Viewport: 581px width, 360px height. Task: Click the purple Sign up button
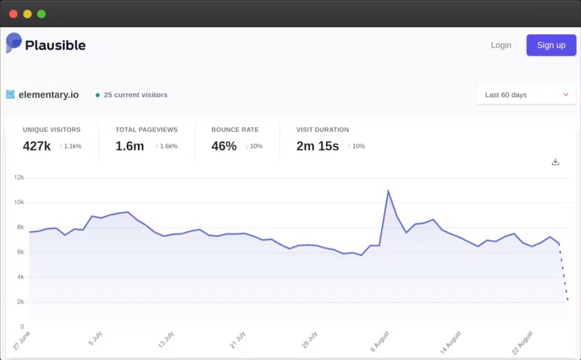point(551,45)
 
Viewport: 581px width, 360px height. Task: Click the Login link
point(501,45)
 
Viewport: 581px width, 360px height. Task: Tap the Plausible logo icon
point(14,43)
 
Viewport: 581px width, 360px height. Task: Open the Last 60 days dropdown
point(526,95)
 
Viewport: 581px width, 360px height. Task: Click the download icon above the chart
point(555,162)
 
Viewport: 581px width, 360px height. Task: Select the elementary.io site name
point(49,95)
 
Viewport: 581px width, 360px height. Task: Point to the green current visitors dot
point(98,95)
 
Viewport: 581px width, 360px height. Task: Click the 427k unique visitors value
point(36,146)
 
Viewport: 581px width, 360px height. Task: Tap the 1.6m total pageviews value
point(130,146)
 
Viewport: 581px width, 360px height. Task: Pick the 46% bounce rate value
point(224,146)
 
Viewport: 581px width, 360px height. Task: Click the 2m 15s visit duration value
point(318,146)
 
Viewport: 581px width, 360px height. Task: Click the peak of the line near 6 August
point(388,190)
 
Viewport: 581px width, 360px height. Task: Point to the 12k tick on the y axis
point(19,178)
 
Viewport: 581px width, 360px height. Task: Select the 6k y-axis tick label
point(20,252)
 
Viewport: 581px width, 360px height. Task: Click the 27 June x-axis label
point(22,341)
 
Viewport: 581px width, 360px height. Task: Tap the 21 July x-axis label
point(237,340)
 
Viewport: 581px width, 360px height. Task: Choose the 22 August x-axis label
point(522,343)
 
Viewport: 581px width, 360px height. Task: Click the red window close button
point(13,14)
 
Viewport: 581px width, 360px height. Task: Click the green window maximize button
point(41,14)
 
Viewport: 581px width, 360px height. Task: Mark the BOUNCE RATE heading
point(235,130)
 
